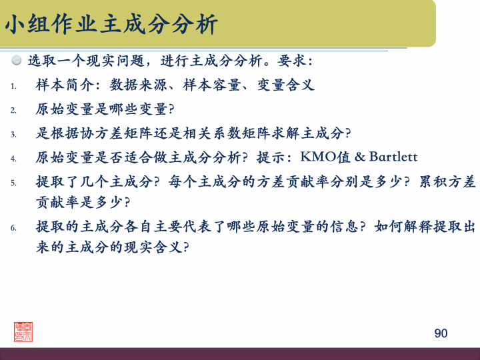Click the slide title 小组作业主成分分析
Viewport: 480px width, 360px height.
(111, 25)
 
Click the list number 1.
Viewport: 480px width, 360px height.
(13, 86)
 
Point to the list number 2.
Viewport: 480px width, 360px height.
(13, 110)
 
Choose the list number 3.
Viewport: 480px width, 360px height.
(13, 134)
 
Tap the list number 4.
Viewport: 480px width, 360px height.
(13, 158)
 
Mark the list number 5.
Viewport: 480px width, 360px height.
(13, 182)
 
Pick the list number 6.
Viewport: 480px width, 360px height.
(13, 228)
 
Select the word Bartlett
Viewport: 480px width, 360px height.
(393, 157)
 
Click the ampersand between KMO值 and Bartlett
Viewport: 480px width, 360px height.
(361, 157)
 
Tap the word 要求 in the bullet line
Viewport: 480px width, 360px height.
(293, 61)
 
